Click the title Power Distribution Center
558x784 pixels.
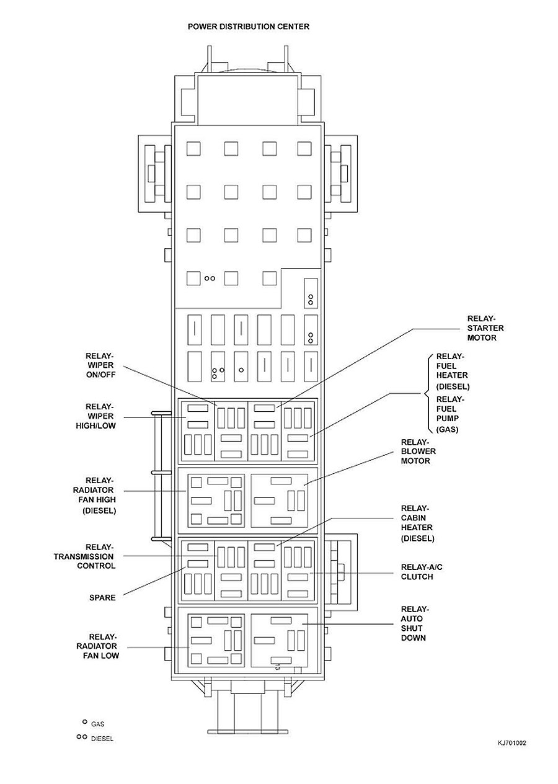tap(249, 27)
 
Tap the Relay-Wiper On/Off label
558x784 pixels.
tap(100, 365)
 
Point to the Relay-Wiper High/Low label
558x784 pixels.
tap(100, 416)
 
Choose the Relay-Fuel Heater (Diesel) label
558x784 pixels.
tap(452, 371)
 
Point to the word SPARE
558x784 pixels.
tap(102, 597)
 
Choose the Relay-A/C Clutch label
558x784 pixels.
tap(417, 572)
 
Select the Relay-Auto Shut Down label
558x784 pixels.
tap(414, 623)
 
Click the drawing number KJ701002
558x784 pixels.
tap(511, 742)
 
